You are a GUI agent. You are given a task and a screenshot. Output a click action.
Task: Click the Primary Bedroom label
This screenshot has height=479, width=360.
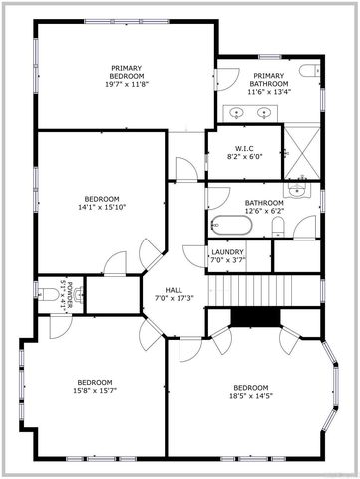coord(127,72)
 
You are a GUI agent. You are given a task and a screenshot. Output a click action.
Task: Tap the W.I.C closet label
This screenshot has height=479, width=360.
coord(244,148)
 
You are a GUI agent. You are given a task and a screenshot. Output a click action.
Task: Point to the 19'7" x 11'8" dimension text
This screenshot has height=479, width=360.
coord(127,84)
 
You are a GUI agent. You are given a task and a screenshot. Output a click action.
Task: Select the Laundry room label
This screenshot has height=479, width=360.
coord(227,252)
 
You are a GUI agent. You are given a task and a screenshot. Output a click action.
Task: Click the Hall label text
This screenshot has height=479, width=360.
coord(174,290)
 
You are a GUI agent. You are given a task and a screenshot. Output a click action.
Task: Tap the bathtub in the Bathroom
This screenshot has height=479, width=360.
coord(231,225)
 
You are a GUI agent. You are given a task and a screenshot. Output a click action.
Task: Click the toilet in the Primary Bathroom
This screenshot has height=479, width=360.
coord(309,71)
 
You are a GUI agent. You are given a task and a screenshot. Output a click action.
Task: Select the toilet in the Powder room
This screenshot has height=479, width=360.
coord(48,294)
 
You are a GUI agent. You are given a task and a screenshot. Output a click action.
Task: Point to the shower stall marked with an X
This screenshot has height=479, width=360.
coord(302,152)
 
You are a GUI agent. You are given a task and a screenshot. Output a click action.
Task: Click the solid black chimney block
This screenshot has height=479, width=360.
coord(255,318)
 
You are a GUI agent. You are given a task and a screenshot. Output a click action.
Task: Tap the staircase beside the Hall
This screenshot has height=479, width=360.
coord(250,290)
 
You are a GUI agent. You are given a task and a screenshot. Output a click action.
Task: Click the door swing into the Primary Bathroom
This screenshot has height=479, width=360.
coord(228,79)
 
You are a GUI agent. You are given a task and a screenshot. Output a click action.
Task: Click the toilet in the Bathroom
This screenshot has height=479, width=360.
coord(277,227)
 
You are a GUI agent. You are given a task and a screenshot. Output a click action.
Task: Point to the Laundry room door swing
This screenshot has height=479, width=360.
coord(194,255)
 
